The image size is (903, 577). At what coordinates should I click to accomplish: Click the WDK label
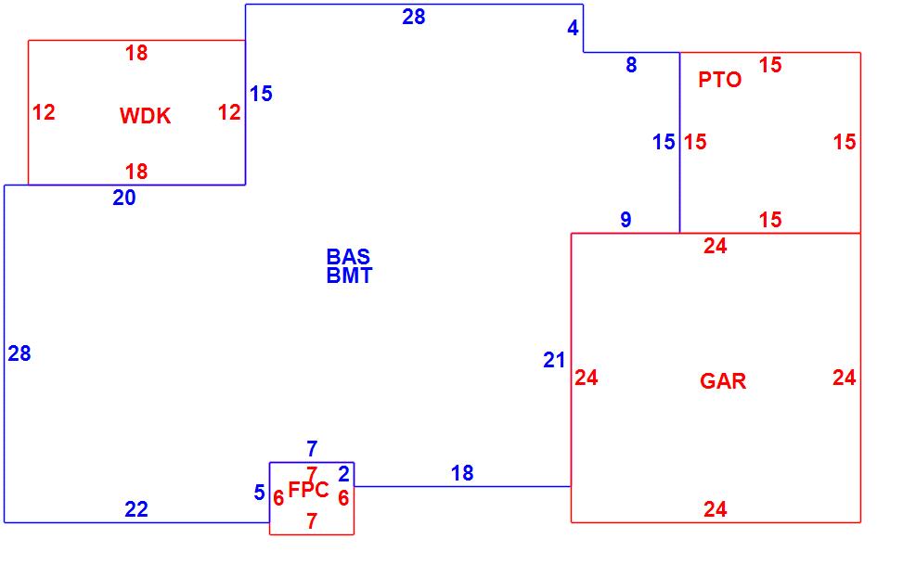coord(145,116)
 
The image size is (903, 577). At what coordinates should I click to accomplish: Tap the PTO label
coord(720,80)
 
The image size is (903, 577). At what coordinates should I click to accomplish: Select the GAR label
coord(723,381)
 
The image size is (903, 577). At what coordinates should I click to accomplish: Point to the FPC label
coord(308,490)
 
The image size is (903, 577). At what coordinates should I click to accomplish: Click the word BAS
coord(348,257)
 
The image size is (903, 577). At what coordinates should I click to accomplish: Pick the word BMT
coord(349,276)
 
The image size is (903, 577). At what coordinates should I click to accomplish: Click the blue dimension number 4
coord(573,29)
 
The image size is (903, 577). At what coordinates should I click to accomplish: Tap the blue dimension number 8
coord(631,65)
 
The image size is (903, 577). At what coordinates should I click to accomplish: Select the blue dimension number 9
coord(626,220)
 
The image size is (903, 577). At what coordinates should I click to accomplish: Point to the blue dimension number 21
coord(554,361)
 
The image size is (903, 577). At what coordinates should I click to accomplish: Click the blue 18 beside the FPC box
coord(462,473)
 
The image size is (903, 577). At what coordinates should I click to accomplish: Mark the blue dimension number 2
coord(343,474)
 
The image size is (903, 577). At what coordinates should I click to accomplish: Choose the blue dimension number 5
coord(260,493)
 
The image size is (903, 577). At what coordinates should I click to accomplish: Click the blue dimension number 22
coord(136,509)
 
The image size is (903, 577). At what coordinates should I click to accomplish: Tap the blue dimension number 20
coord(124,198)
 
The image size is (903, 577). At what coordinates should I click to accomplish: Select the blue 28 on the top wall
coord(414,17)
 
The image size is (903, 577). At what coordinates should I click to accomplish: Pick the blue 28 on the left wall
coord(19,353)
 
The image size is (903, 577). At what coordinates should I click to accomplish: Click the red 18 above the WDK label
coord(136,54)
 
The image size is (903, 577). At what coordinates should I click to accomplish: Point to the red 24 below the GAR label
coord(715,509)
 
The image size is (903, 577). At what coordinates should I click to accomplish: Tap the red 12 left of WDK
coord(44,113)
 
